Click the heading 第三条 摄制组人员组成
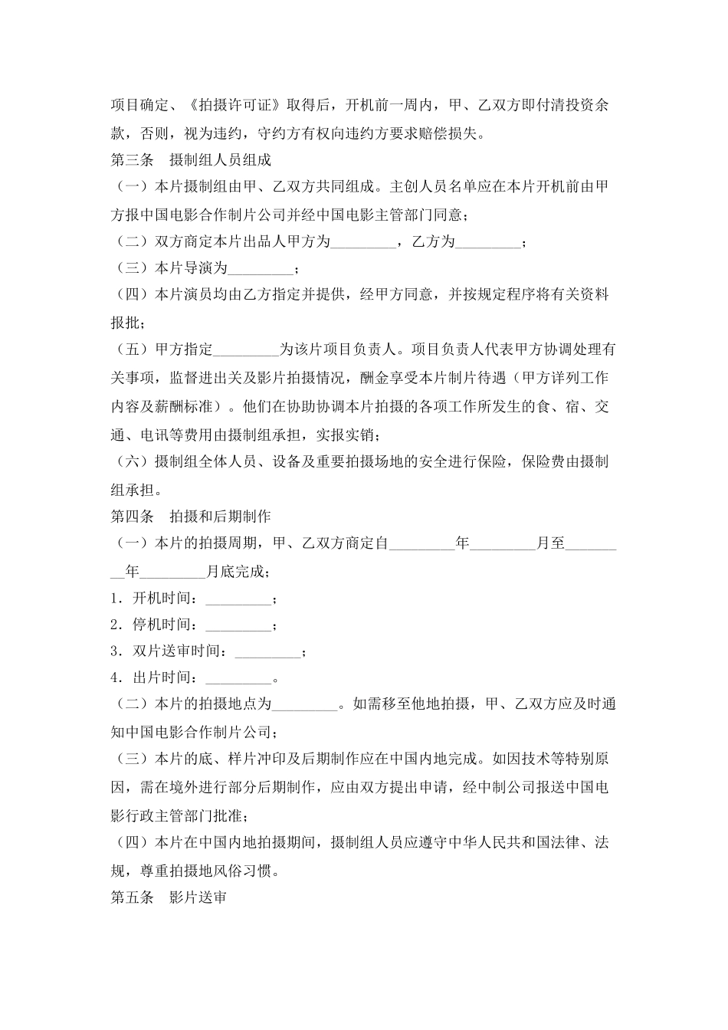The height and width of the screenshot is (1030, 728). [x=191, y=160]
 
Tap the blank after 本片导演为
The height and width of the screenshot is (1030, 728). [x=261, y=268]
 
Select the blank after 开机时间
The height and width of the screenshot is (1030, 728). [x=238, y=598]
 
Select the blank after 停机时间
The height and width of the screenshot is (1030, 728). [x=238, y=625]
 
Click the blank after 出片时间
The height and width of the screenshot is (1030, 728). [x=238, y=678]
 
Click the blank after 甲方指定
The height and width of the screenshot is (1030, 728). [x=246, y=350]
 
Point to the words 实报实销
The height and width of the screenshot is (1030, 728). [x=343, y=435]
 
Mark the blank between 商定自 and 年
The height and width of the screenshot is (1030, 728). [x=421, y=544]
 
